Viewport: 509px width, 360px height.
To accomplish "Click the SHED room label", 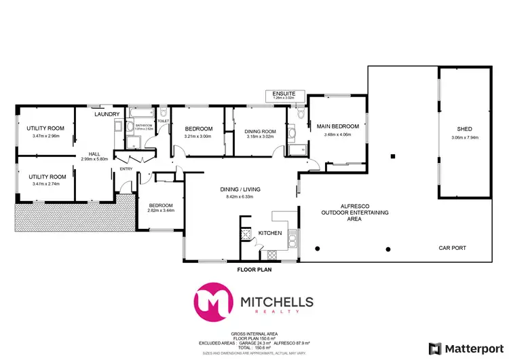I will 465,129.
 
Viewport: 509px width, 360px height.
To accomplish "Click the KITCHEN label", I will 270,233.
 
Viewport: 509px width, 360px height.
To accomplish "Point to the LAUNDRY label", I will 107,114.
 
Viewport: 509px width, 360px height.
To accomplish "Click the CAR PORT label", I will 452,248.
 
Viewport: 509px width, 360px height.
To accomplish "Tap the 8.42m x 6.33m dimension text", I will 240,197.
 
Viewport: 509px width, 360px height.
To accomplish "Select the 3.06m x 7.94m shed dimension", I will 465,138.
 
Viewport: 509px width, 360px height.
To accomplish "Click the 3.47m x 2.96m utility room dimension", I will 45,136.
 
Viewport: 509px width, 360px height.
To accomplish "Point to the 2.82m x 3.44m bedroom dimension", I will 161,211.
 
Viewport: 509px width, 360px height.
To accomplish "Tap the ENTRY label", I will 127,168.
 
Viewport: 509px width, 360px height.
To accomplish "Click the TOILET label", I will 163,120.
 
